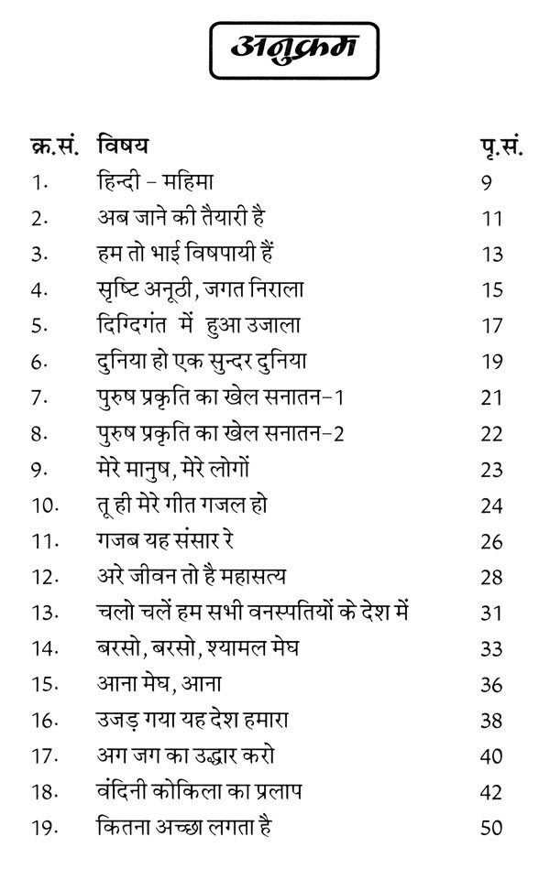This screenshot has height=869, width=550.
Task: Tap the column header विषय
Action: pyautogui.click(x=124, y=146)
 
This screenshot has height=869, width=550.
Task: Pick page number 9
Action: pyautogui.click(x=486, y=181)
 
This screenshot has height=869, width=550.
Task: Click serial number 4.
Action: pyautogui.click(x=37, y=289)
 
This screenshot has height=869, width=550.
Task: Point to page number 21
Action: pyautogui.click(x=492, y=396)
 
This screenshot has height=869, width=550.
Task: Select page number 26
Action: pyautogui.click(x=492, y=540)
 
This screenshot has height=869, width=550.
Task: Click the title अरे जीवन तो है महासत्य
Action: pyautogui.click(x=191, y=576)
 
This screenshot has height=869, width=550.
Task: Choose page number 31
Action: pyautogui.click(x=492, y=612)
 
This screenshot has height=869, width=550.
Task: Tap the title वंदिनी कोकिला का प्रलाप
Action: pyautogui.click(x=196, y=791)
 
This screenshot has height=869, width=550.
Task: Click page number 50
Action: pyautogui.click(x=492, y=827)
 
